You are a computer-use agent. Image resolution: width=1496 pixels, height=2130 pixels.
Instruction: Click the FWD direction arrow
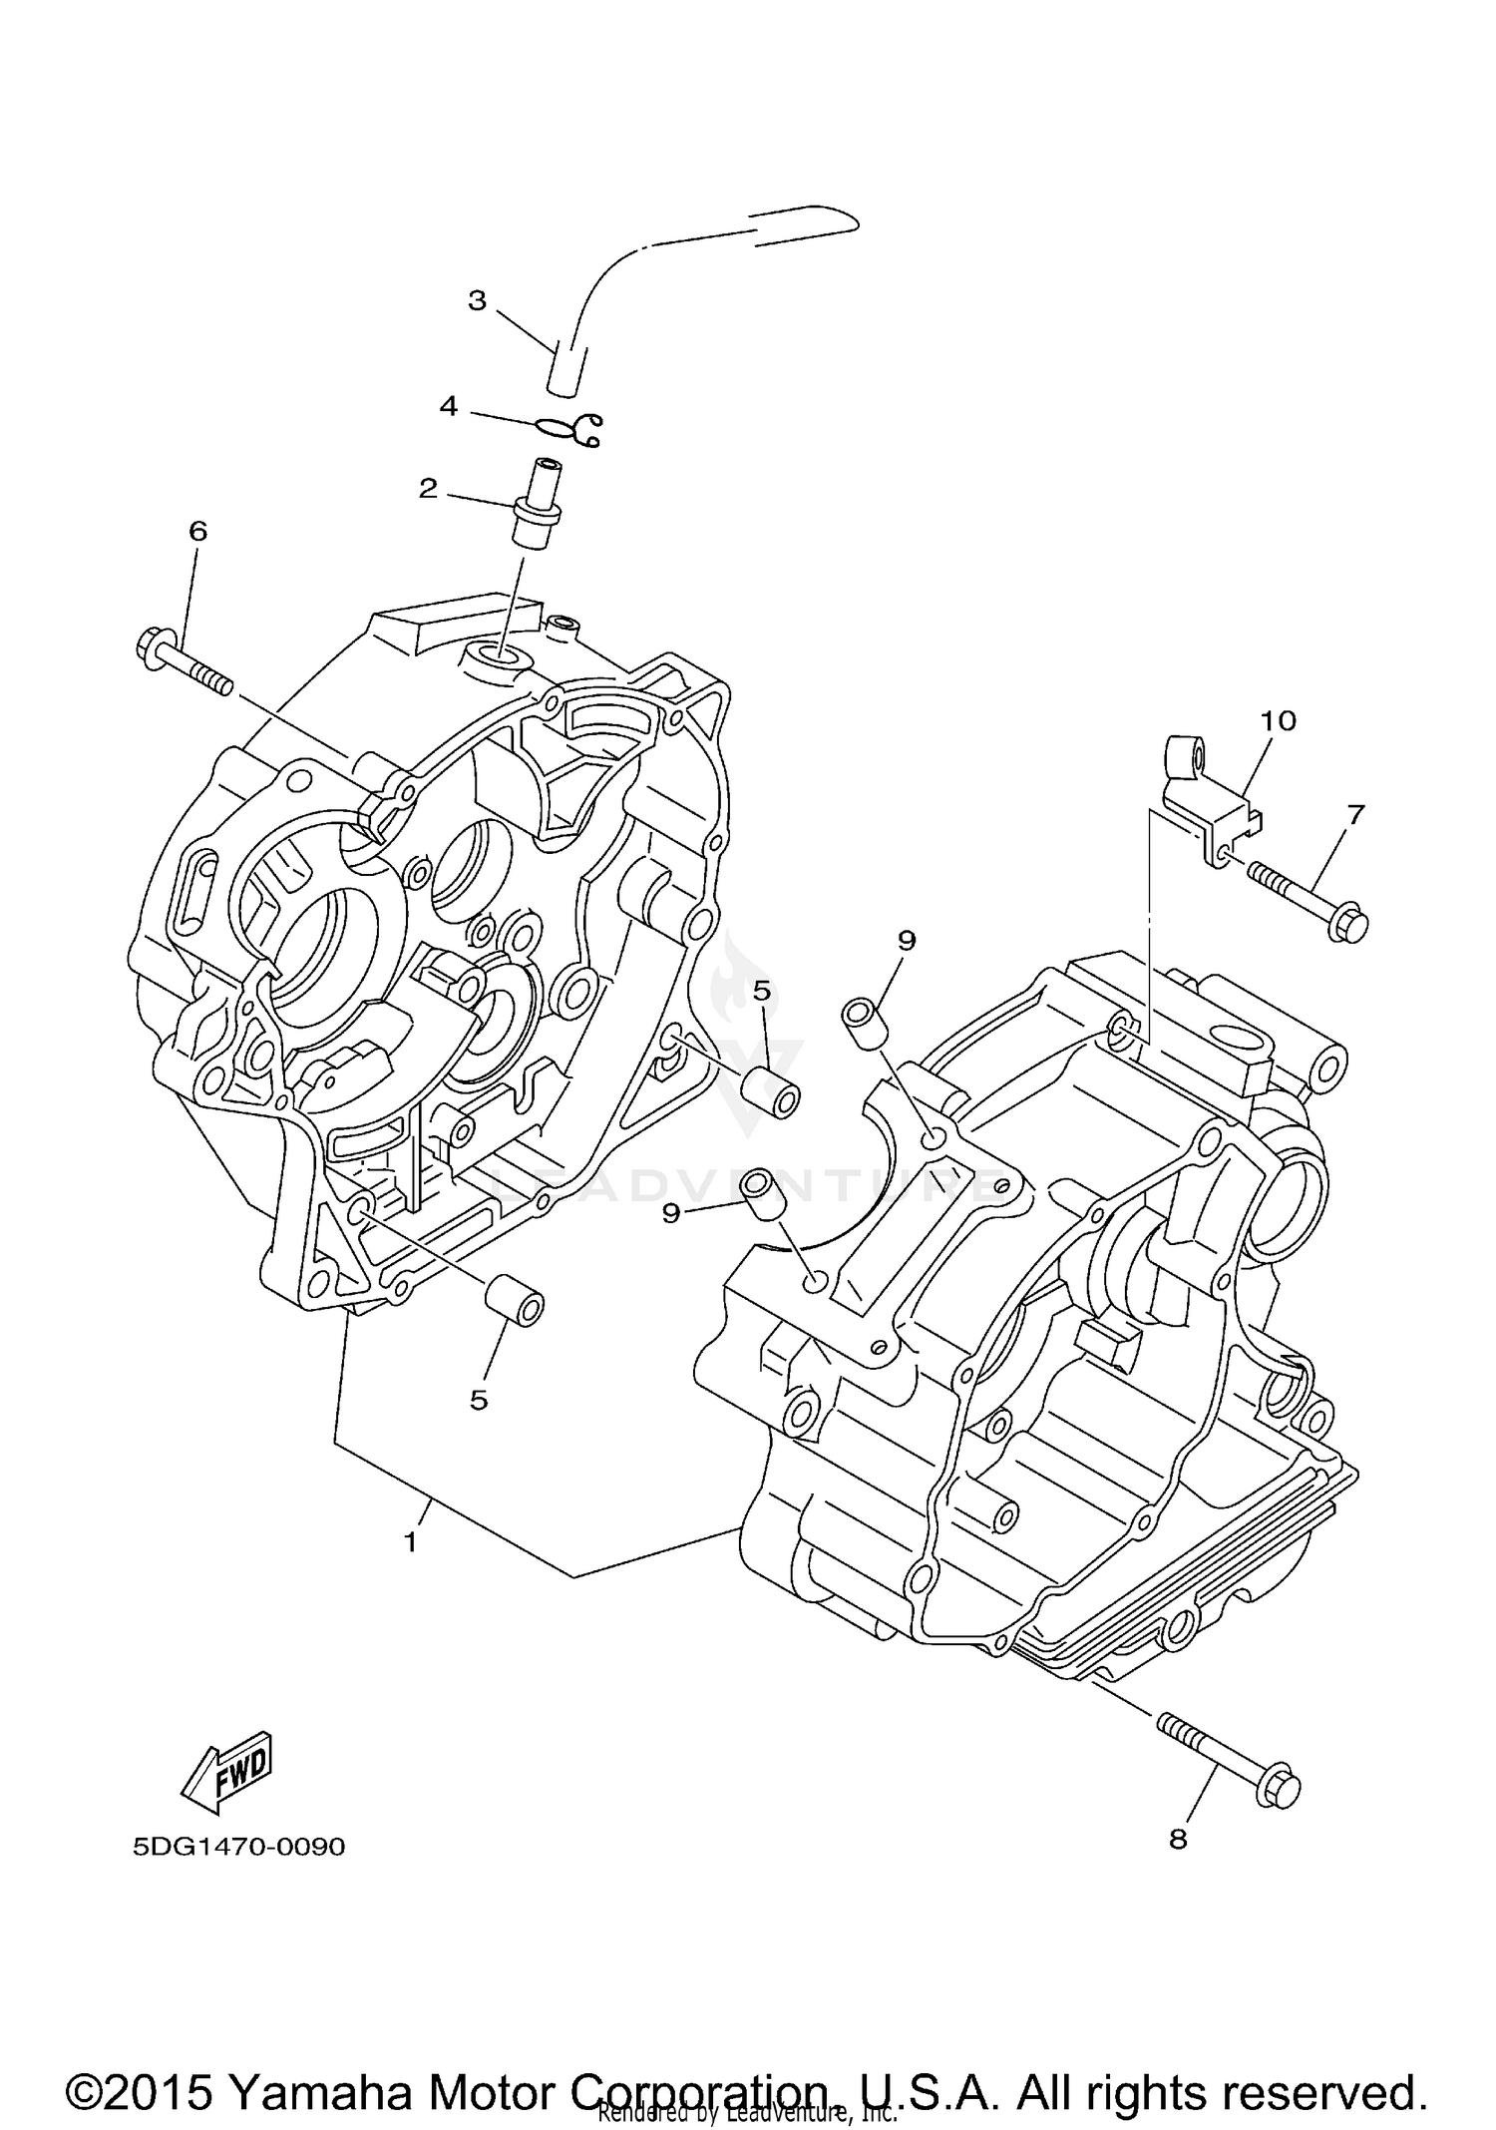coord(226,1771)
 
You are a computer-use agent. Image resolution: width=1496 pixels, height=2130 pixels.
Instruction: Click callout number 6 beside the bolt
coord(197,531)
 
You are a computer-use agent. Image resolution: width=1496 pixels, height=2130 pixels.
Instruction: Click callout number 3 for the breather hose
coord(477,300)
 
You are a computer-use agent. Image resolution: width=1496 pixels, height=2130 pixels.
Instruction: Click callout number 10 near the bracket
coord(1279,720)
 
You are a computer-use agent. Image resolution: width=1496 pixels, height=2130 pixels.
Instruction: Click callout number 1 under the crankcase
coord(410,1541)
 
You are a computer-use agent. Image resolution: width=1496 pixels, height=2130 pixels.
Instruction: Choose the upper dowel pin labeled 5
coord(774,1093)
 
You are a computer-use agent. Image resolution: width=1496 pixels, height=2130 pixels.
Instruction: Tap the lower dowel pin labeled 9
coord(762,1194)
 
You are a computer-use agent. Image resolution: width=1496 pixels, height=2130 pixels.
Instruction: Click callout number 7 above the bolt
coord(1353,814)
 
